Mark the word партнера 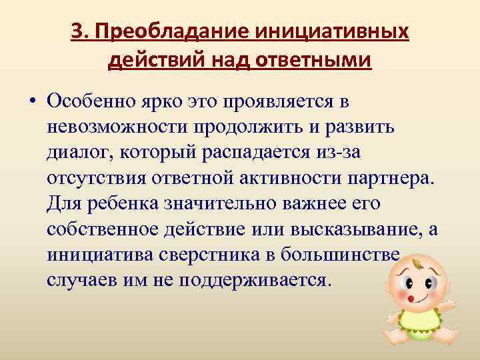(389, 178)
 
